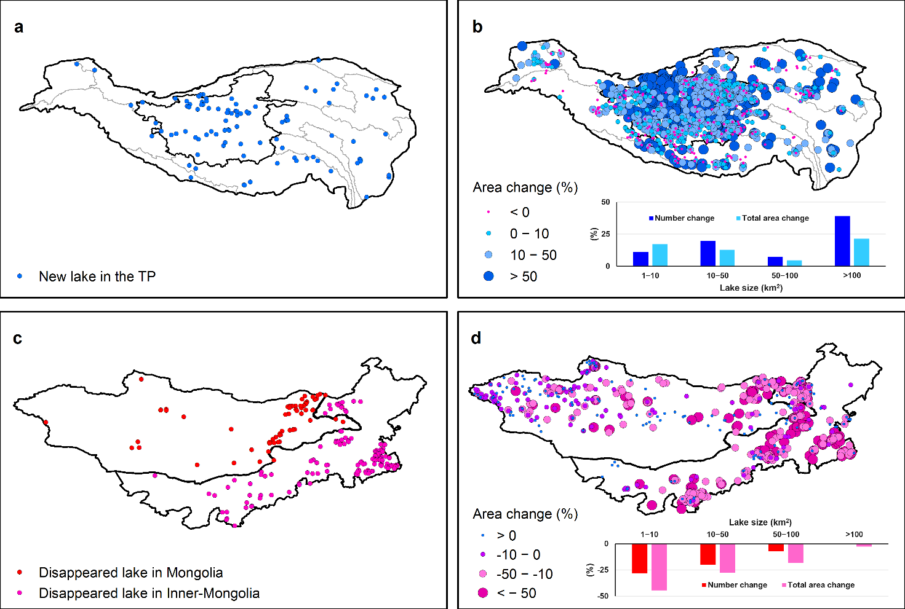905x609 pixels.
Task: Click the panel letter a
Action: pyautogui.click(x=19, y=28)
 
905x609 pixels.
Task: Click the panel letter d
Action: pyautogui.click(x=476, y=338)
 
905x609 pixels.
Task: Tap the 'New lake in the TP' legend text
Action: pyautogui.click(x=97, y=277)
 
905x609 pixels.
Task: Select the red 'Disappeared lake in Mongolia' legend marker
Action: pyautogui.click(x=20, y=573)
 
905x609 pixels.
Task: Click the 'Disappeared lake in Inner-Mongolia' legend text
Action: pyautogui.click(x=149, y=593)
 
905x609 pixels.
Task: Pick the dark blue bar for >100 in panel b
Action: pyautogui.click(x=842, y=241)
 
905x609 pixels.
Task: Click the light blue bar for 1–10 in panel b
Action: pyautogui.click(x=660, y=255)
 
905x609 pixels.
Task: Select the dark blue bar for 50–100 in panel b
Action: pyautogui.click(x=775, y=261)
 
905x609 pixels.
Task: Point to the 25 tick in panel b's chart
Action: pyautogui.click(x=606, y=234)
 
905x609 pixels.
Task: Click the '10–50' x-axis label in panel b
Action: pyautogui.click(x=717, y=275)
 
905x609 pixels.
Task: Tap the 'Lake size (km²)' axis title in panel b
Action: pyautogui.click(x=751, y=288)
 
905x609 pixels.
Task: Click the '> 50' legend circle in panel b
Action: pyautogui.click(x=488, y=277)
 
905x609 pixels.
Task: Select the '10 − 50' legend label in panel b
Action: pyautogui.click(x=533, y=255)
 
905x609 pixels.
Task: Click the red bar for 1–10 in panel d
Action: pyautogui.click(x=640, y=559)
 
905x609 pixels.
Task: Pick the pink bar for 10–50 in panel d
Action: pyautogui.click(x=727, y=558)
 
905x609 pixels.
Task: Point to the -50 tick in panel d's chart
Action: pyautogui.click(x=603, y=595)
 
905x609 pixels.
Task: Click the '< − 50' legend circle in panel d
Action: pyautogui.click(x=483, y=593)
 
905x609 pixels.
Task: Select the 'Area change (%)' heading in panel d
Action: pyautogui.click(x=525, y=514)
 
